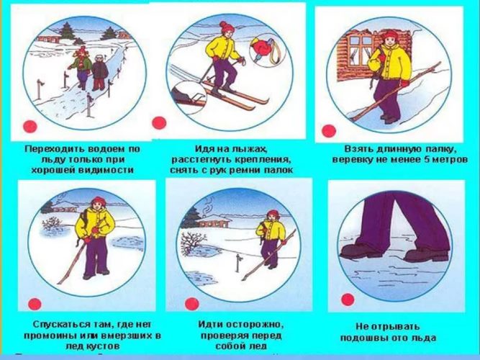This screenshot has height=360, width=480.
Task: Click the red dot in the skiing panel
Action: click(x=159, y=123)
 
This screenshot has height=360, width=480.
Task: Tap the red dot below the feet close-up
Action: click(x=348, y=300)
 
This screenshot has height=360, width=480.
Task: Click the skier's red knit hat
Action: click(x=227, y=27)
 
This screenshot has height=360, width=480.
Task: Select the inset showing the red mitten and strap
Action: click(x=267, y=51)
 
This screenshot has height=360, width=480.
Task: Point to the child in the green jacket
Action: click(x=81, y=67)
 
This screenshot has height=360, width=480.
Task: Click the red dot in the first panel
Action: click(x=30, y=127)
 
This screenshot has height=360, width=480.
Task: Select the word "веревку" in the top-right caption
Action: click(x=350, y=160)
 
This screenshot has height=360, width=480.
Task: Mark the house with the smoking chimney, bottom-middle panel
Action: click(x=213, y=220)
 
